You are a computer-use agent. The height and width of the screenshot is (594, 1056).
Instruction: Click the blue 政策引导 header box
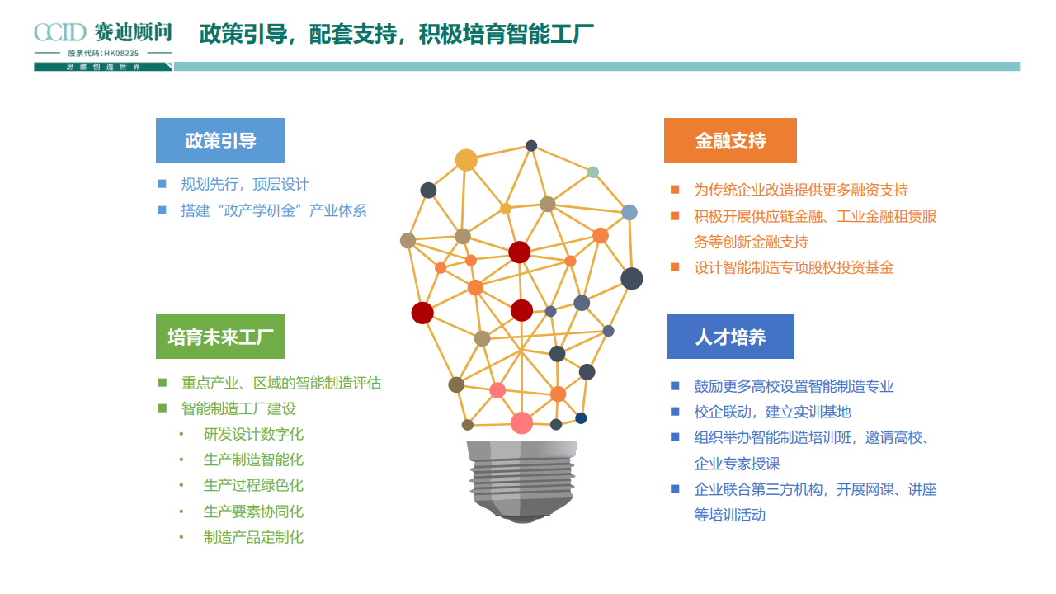coord(220,140)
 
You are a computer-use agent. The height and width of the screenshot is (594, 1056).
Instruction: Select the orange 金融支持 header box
coord(730,140)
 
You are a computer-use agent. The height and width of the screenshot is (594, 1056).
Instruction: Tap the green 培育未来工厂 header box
coord(220,337)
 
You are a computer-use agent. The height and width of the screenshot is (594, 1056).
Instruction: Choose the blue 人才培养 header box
coord(730,337)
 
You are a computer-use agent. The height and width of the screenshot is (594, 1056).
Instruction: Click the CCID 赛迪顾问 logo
coord(103,33)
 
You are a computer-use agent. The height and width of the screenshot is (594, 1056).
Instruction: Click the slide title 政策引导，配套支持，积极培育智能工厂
coord(397,35)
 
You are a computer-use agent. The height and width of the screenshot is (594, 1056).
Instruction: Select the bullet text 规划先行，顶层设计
coord(245,185)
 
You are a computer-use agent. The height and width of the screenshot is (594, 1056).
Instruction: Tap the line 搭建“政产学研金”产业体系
coord(274,210)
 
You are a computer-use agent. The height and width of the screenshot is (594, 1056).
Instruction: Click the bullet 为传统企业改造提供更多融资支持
coord(801,190)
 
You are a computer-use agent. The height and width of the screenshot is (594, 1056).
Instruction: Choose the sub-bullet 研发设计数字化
coord(253,434)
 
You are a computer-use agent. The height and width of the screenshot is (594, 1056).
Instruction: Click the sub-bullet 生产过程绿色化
coord(253,485)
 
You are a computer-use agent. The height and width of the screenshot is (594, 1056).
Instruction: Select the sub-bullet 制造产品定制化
coord(253,537)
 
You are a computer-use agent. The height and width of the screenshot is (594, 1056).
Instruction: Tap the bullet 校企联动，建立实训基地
coord(772,412)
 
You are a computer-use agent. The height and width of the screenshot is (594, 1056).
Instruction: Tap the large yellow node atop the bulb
coord(466,160)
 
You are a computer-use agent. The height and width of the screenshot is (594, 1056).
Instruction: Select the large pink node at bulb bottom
coord(521,422)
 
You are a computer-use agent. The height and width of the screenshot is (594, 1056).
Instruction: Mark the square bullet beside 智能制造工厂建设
coord(163,408)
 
